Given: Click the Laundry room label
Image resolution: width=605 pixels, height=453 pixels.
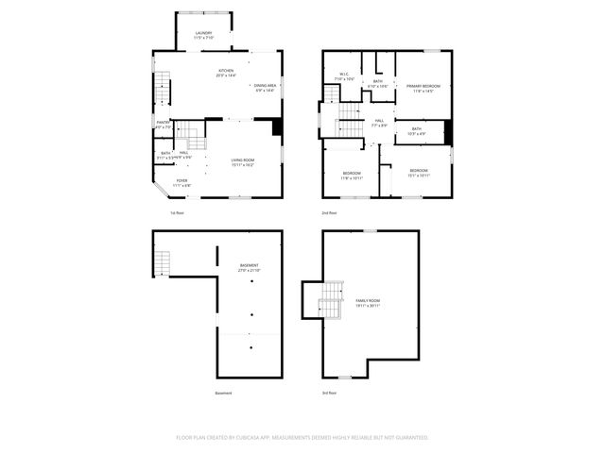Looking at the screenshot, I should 203,35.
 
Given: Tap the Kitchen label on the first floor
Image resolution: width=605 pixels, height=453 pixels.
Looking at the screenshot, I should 226,71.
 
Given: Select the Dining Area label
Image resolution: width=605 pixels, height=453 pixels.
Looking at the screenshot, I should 265,86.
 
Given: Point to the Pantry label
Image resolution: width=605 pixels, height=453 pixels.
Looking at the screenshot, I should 163,123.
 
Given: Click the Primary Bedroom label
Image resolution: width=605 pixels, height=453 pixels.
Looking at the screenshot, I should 423,87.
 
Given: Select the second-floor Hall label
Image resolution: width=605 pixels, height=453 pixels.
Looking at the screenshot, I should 378,121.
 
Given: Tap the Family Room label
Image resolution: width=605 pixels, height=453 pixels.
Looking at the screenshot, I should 368,302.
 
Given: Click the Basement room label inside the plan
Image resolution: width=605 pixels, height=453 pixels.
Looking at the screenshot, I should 249,267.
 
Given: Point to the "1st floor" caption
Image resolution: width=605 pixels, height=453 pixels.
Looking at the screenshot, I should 177,212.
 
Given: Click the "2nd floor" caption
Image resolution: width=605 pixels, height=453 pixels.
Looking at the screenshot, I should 330,212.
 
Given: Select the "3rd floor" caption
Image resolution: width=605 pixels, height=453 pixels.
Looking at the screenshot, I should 330,393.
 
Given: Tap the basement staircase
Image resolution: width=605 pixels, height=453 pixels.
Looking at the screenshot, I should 164,261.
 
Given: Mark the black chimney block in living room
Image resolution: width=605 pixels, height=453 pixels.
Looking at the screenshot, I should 277,126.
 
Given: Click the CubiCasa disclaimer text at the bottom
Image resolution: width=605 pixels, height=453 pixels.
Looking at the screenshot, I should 302,438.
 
